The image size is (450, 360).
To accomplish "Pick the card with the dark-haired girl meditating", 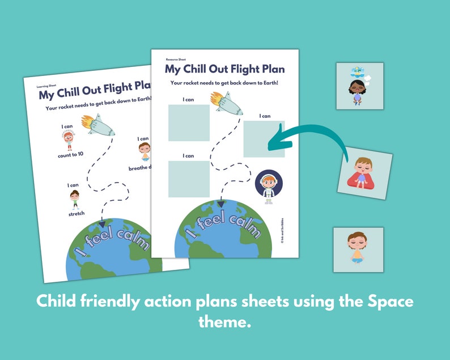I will pos(360,86).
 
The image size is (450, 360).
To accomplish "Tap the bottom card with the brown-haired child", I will pos(358,249).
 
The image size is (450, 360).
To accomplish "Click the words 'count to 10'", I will pos(70,155).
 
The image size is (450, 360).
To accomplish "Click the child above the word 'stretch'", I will pos(75,199).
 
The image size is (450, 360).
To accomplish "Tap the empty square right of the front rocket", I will pos(264,139).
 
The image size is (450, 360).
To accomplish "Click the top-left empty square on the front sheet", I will pos(189,122).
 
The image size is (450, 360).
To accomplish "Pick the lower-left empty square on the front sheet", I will pos(189,179).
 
